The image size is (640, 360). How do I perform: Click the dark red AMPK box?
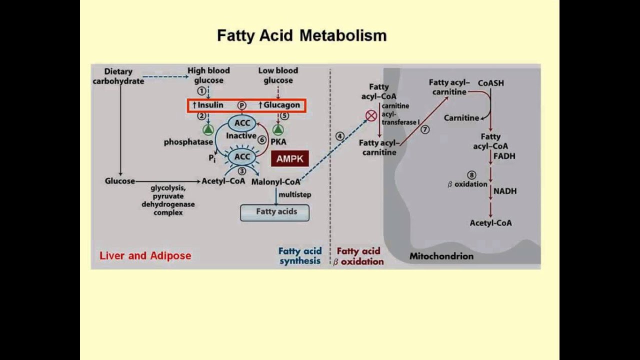point(290,159)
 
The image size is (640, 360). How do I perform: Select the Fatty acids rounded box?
point(275,212)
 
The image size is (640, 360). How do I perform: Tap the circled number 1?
point(201,91)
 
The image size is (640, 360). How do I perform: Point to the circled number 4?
point(340,136)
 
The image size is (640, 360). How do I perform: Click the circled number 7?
point(425,129)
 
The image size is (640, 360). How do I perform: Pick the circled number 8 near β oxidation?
point(471,175)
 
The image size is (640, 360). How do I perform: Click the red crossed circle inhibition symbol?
point(371,116)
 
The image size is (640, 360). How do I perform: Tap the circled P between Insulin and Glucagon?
point(242,105)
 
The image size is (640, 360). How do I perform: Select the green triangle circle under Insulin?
point(208,130)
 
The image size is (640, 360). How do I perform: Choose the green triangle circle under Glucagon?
point(278,130)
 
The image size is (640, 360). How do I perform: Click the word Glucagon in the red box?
point(282,105)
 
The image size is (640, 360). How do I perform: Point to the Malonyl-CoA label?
point(275,182)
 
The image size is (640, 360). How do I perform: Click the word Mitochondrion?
point(441,256)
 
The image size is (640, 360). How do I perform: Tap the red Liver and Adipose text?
point(145,255)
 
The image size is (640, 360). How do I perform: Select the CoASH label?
point(490,83)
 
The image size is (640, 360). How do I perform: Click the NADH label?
point(505,191)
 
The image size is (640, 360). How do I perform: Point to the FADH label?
point(504,156)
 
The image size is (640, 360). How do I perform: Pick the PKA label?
point(278,142)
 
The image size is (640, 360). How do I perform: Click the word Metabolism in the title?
point(343,35)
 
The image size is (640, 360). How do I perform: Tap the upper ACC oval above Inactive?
point(242,123)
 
